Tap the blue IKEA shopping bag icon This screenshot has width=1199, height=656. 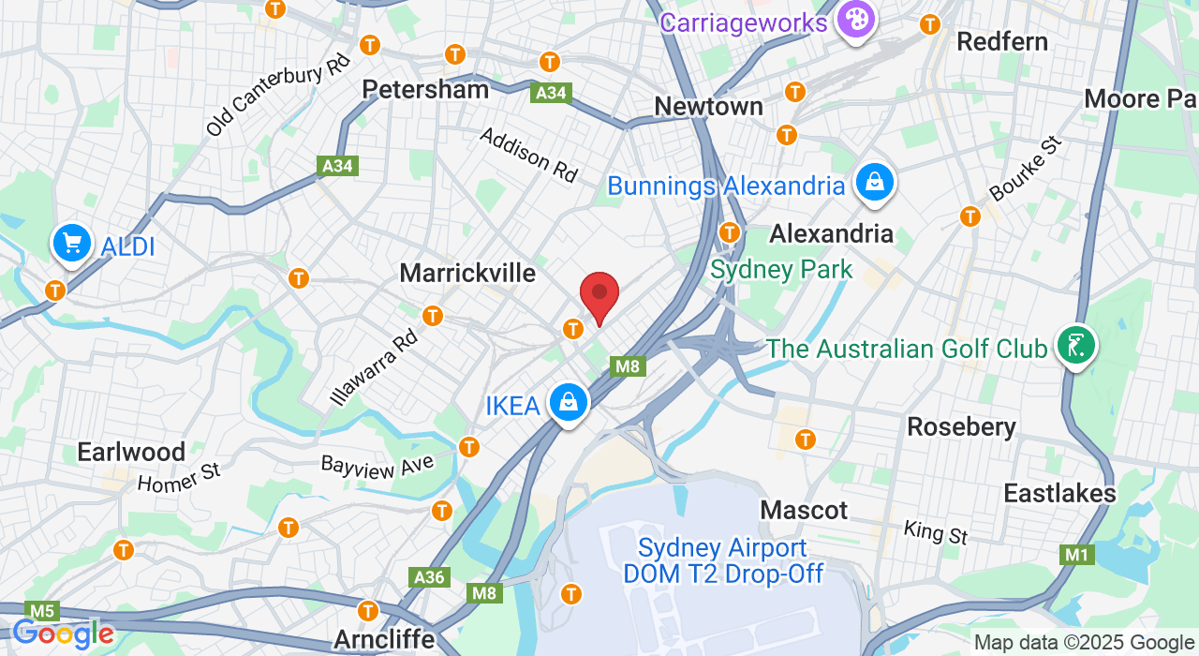[x=568, y=403]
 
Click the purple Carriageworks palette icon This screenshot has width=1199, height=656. [x=854, y=19]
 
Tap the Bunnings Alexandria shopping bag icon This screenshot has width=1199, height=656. [x=874, y=182]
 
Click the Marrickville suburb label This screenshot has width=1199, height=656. [x=467, y=273]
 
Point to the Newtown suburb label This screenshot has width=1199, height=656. [x=708, y=107]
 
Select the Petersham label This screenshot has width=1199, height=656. [x=425, y=89]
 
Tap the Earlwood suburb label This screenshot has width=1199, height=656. [x=131, y=452]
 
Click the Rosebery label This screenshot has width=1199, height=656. [x=961, y=427]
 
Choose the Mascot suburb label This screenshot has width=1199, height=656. [x=804, y=510]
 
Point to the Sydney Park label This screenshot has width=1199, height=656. [x=781, y=270]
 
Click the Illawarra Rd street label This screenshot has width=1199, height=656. [x=373, y=365]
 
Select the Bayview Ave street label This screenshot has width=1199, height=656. [x=377, y=466]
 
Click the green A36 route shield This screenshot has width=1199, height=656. [x=430, y=576]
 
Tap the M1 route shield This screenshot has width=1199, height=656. [x=1077, y=555]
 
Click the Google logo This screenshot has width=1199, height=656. [x=63, y=634]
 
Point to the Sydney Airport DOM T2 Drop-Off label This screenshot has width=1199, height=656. [x=723, y=560]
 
